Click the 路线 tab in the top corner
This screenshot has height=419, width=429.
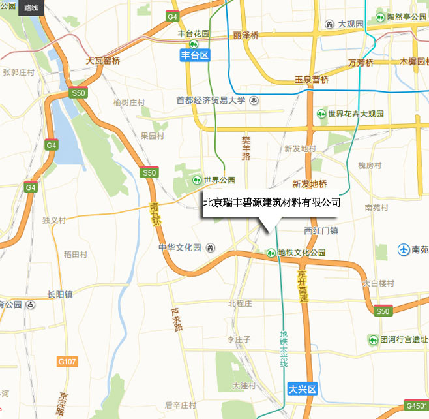pyautogui.click(x=30, y=8)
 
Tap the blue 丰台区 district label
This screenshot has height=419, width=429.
pyautogui.click(x=195, y=55)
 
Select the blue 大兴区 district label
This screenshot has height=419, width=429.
pyautogui.click(x=303, y=389)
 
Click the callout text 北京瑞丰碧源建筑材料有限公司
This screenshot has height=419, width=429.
pyautogui.click(x=271, y=203)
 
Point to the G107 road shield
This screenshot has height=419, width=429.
pyautogui.click(x=67, y=361)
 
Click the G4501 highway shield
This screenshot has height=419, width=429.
pyautogui.click(x=415, y=405)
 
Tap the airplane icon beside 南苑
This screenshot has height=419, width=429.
pyautogui.click(x=404, y=249)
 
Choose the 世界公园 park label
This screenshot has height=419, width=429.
pyautogui.click(x=218, y=180)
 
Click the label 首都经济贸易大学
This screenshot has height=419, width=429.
pyautogui.click(x=211, y=101)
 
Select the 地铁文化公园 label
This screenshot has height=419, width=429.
pyautogui.click(x=301, y=253)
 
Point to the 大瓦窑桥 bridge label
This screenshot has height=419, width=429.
pyautogui.click(x=104, y=61)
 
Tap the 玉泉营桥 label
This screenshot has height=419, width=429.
pyautogui.click(x=312, y=80)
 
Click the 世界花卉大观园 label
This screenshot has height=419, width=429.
pyautogui.click(x=356, y=114)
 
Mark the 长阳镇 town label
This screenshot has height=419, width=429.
pyautogui.click(x=59, y=294)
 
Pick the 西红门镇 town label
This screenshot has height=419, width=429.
pyautogui.click(x=321, y=231)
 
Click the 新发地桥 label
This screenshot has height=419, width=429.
pyautogui.click(x=309, y=183)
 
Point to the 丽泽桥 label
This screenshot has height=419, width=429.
pyautogui.click(x=245, y=35)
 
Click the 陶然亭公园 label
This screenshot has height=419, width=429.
pyautogui.click(x=406, y=16)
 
